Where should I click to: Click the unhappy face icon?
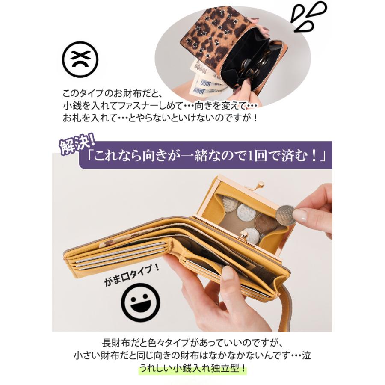coord(80,59)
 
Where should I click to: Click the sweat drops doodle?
coord(308,17)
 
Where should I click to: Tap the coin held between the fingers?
coord(285,215)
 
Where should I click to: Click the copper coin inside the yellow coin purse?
coord(265,223)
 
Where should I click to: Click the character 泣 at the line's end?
coord(306,356)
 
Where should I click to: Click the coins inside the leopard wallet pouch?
coord(252,64)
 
